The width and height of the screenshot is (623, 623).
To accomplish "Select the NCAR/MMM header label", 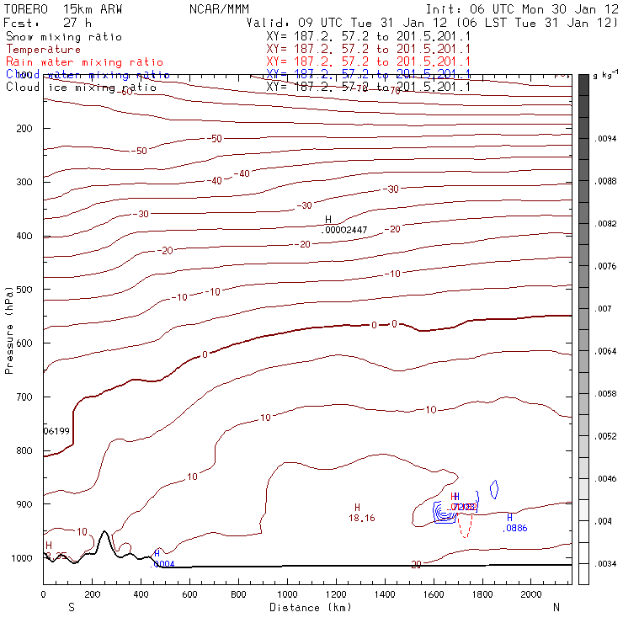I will click(x=216, y=8).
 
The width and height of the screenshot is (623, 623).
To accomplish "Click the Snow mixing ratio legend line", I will click(x=63, y=37).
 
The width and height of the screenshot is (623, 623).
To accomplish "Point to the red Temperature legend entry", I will click(x=43, y=50).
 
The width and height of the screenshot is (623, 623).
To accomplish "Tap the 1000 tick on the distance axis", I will click(x=287, y=594).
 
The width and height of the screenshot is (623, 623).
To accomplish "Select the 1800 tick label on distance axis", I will click(x=482, y=594).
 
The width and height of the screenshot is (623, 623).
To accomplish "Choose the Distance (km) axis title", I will click(x=307, y=607).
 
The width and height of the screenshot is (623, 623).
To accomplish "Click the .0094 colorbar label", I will click(x=606, y=138).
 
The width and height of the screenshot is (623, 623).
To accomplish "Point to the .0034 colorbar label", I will click(x=606, y=564).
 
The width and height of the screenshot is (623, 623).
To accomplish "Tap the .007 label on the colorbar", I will click(x=604, y=309).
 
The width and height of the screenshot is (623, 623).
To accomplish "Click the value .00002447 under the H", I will click(x=345, y=230).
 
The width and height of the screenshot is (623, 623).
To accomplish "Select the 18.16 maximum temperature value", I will click(x=361, y=518).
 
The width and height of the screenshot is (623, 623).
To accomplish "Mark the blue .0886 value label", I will click(x=514, y=529).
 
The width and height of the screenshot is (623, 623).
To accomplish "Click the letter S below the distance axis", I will click(x=71, y=607).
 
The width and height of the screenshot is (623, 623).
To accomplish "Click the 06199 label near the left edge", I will click(x=56, y=430).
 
